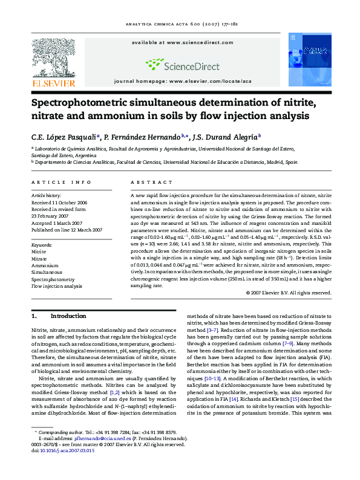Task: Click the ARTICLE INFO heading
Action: pos(61,182)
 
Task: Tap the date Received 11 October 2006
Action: pos(59,203)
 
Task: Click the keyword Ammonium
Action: pos(45,265)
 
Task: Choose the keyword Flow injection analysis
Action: pos(56,286)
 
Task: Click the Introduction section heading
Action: pos(68,316)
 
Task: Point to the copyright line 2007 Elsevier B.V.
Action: pos(289,293)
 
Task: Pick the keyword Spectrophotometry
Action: pos(53,279)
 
